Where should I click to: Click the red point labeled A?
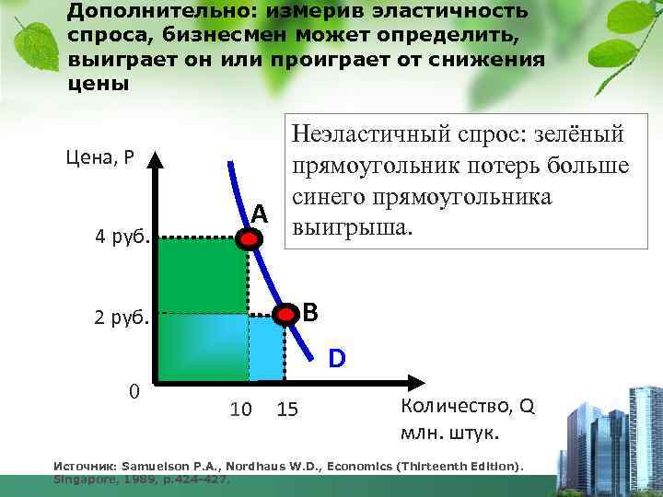pos(250,239)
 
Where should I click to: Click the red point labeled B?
pos(287,315)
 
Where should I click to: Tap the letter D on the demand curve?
pos(338,357)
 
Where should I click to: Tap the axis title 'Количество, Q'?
pos(467,406)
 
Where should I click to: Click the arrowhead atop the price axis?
pos(157,158)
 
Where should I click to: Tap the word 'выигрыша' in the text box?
pos(348,225)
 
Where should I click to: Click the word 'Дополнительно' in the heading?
pos(131,11)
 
